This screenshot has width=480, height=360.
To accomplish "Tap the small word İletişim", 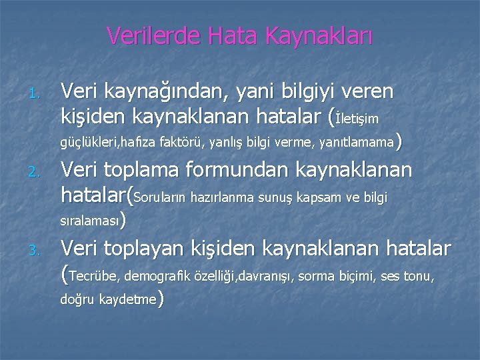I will [x=359, y=119].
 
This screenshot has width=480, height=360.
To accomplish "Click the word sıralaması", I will [x=91, y=219].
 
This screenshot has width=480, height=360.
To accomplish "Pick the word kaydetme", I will [x=126, y=300].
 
